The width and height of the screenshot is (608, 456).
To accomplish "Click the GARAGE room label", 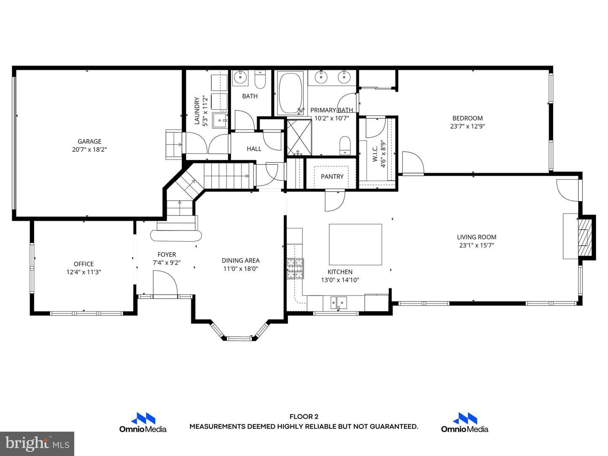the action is tap(89, 141).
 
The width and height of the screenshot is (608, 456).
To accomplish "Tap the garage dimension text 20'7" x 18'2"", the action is tap(89, 149).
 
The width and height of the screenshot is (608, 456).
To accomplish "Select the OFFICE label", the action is tap(83, 264).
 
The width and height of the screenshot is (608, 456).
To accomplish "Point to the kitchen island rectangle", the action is tap(355, 244).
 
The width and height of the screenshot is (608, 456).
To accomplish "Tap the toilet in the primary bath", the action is tap(345, 145).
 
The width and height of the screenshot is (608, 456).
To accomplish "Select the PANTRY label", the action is tap(332, 176).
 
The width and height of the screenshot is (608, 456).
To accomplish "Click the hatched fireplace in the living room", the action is tap(584, 237).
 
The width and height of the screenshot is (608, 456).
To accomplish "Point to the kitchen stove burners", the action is tap(295, 268).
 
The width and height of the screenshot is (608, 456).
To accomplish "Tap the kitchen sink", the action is tap(339, 303).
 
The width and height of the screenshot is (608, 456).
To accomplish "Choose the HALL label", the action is tap(254, 149).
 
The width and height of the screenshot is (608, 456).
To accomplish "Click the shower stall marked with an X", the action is tap(299, 137).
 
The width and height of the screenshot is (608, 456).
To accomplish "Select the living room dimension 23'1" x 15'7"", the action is tap(476, 245).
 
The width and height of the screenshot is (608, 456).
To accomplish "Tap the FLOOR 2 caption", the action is tap(304, 417).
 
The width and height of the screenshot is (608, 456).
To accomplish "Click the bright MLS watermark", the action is tap(37, 443).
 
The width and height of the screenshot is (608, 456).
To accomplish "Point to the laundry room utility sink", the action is tap(220, 120).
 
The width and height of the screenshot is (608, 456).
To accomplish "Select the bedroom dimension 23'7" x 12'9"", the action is tap(467, 126).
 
